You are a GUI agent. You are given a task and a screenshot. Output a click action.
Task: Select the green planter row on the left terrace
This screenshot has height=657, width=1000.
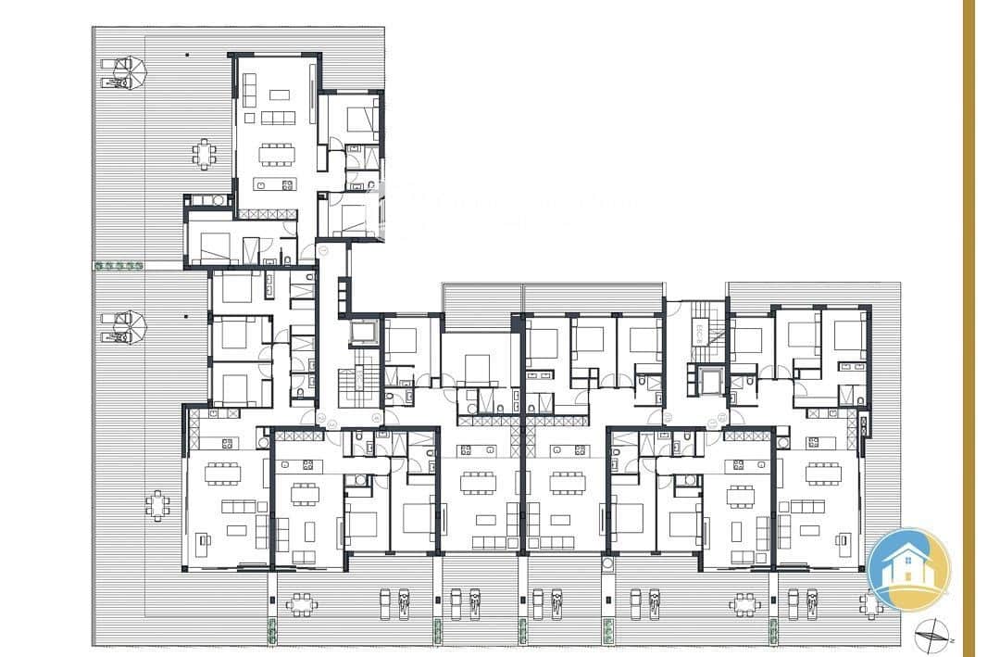[119, 266]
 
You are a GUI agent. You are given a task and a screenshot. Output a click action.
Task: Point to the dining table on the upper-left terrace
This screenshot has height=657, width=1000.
[205, 152]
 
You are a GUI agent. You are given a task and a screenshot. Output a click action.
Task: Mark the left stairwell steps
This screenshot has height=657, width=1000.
[354, 385]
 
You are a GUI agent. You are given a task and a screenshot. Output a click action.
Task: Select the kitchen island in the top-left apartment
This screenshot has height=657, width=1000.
[274, 183]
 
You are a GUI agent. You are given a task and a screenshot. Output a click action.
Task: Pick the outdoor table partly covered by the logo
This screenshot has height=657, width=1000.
[869, 603]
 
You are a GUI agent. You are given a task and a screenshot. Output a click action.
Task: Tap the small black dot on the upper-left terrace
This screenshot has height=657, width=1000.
[188, 55]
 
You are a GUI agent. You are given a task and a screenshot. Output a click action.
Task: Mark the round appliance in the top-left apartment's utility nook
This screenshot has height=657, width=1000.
[219, 199]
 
